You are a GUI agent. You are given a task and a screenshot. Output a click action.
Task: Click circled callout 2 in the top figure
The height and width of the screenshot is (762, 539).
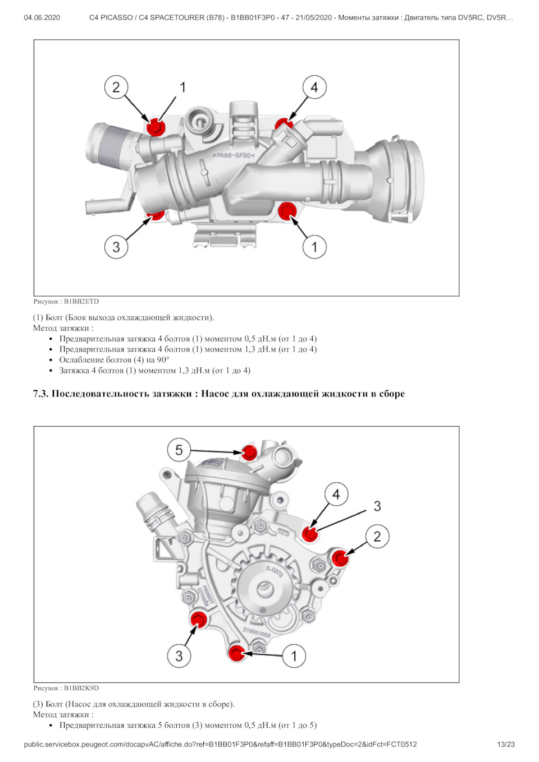(x=116, y=87)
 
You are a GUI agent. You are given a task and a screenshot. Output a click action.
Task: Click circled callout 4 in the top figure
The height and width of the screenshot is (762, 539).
(x=314, y=87)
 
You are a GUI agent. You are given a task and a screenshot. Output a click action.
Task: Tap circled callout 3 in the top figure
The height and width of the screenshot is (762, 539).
(x=116, y=247)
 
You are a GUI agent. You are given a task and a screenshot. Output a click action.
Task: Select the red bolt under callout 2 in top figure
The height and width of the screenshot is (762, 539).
(x=155, y=127)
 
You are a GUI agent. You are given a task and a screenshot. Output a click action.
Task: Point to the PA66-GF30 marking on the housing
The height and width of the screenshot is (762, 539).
(x=234, y=155)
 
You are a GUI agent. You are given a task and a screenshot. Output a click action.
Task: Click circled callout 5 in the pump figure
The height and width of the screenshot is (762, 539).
(x=179, y=450)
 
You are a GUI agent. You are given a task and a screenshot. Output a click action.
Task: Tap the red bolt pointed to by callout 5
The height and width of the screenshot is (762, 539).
(x=249, y=452)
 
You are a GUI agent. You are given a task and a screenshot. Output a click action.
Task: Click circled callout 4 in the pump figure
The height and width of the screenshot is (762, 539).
(x=336, y=495)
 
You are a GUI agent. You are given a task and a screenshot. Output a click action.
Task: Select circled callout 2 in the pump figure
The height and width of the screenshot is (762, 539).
(x=377, y=537)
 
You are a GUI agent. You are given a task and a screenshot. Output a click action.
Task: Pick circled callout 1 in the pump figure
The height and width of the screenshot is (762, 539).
(x=294, y=656)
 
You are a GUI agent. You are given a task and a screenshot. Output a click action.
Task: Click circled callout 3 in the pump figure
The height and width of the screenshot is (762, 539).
(x=179, y=656)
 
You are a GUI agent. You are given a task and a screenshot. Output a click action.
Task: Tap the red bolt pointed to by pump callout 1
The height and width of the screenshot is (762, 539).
(x=236, y=653)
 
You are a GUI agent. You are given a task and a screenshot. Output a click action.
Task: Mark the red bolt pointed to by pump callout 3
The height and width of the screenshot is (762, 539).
(x=198, y=620)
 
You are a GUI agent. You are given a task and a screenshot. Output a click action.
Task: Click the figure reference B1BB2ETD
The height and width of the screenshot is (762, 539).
(x=81, y=302)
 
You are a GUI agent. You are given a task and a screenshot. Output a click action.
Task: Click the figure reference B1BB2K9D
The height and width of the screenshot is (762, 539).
(x=81, y=688)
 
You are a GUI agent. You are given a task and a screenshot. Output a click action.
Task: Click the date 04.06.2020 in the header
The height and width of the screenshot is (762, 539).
(x=42, y=17)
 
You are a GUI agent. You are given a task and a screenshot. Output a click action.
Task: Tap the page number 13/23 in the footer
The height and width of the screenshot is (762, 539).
(x=505, y=745)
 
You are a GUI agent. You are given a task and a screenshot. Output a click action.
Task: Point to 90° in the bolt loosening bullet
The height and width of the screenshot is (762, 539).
(x=163, y=360)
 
